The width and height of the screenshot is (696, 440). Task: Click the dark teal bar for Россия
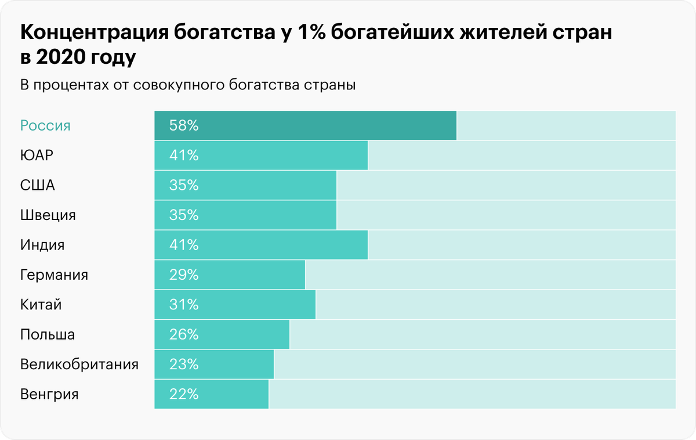click(306, 125)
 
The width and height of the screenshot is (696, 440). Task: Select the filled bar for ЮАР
click(261, 156)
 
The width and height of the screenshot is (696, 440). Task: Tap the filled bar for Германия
click(230, 275)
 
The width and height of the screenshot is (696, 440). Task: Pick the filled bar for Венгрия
click(212, 395)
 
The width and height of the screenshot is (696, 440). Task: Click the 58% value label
click(184, 125)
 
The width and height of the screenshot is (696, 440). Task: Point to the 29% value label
click(184, 275)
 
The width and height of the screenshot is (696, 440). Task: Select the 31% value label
click(184, 305)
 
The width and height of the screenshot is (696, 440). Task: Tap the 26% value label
click(184, 335)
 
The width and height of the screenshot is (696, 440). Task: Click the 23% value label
click(184, 365)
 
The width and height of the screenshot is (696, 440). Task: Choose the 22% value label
click(184, 395)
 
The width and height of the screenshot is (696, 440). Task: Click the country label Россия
click(45, 125)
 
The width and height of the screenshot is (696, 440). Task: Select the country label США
click(38, 186)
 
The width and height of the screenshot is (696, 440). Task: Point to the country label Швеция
click(48, 215)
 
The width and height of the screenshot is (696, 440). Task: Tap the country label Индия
click(42, 245)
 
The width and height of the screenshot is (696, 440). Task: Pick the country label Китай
click(41, 305)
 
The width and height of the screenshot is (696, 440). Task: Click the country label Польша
click(48, 335)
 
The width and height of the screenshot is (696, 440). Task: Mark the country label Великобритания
click(79, 365)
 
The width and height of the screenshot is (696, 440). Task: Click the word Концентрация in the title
click(95, 34)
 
